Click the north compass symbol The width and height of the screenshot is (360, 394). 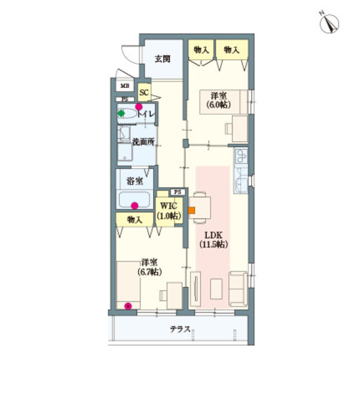(328, 22)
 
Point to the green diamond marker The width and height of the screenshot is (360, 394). (122, 113)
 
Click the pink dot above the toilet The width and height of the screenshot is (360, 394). (139, 106)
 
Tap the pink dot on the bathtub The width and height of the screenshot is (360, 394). (135, 204)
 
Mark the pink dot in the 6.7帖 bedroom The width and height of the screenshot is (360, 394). (128, 305)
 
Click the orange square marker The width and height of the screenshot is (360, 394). (192, 211)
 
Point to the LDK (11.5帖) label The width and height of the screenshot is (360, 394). (214, 239)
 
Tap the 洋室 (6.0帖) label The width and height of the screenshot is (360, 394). (217, 100)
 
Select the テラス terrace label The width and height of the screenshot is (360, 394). (180, 329)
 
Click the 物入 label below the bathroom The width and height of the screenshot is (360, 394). (134, 219)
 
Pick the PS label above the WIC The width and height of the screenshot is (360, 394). (177, 191)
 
